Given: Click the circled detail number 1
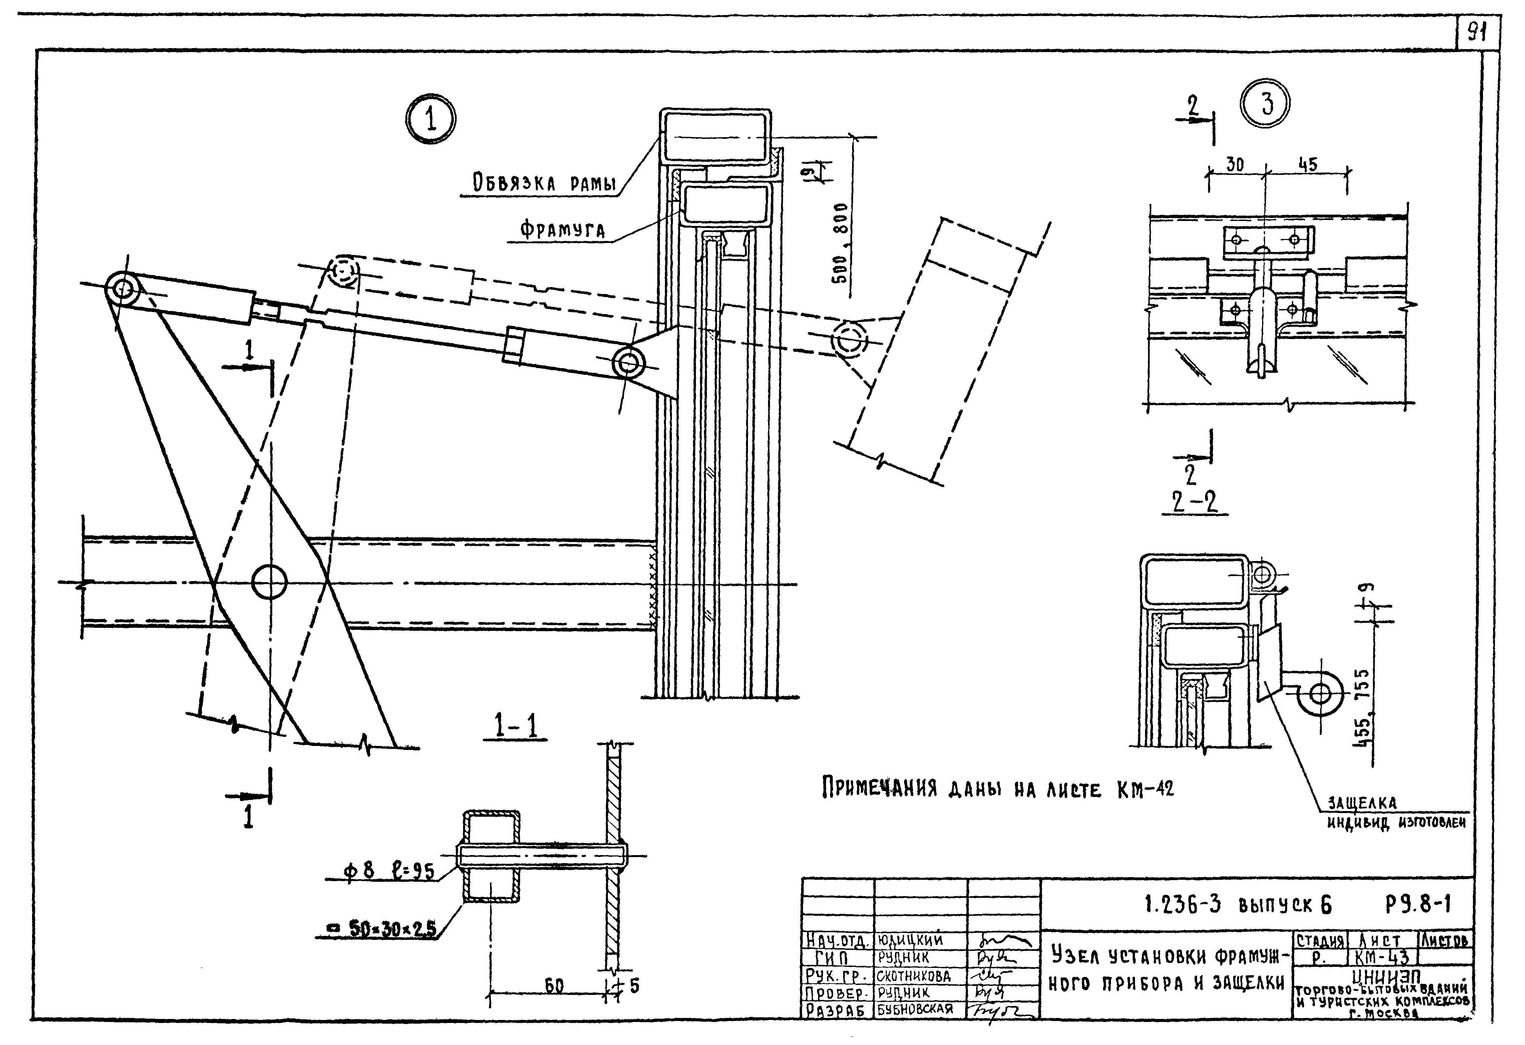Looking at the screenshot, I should pos(430,120).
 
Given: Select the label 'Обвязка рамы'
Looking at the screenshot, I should pos(544,183).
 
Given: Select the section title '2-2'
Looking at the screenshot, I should pos(1194,502).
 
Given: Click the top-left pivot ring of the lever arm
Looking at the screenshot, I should pos(122,289).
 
